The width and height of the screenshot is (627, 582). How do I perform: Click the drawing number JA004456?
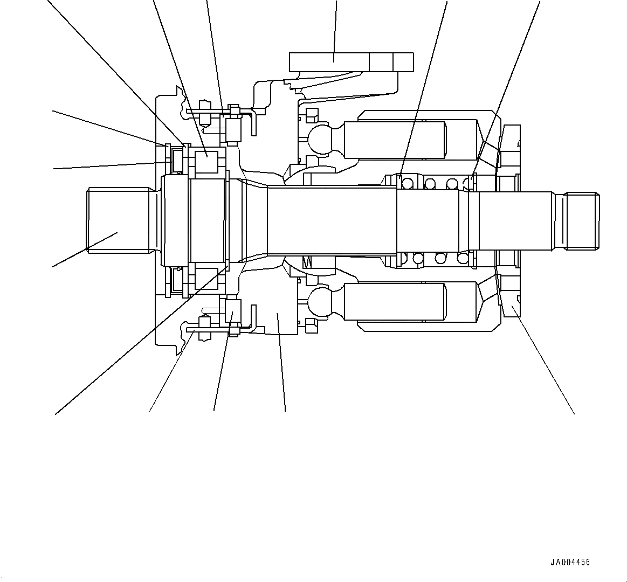[x=570, y=562]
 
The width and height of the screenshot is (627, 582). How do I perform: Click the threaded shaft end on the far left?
[x=119, y=219]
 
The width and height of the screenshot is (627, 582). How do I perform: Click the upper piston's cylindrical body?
[x=395, y=140]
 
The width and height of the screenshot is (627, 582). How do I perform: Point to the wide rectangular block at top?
[x=329, y=62]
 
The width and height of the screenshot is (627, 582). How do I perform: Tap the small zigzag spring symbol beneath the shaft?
[x=308, y=262]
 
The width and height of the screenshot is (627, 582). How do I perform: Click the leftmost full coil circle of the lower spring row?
[x=418, y=258]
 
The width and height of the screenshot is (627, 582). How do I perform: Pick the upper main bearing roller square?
[x=206, y=162]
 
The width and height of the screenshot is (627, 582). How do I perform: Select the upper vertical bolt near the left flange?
[x=205, y=113]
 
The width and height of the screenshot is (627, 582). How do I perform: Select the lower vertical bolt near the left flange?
[x=205, y=328]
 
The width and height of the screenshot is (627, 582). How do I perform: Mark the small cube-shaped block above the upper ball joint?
[x=311, y=115]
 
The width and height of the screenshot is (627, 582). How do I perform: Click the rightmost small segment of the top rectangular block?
[x=403, y=62]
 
